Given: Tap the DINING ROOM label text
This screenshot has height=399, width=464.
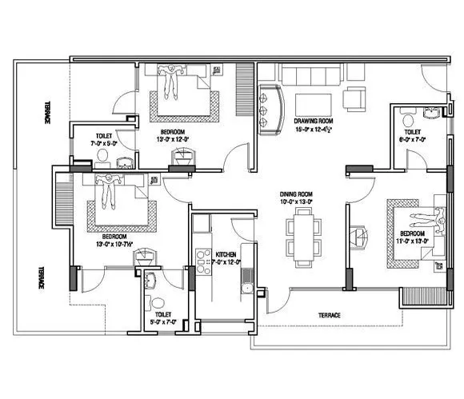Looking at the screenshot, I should point(295,194).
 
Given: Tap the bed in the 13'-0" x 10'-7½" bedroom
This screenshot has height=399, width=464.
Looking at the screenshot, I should point(120,203).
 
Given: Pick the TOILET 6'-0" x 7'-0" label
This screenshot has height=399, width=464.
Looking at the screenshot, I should point(412,132).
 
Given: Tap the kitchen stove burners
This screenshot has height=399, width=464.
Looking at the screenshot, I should point(202,264).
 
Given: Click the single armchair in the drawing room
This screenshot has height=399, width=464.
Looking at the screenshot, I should point(354,98).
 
